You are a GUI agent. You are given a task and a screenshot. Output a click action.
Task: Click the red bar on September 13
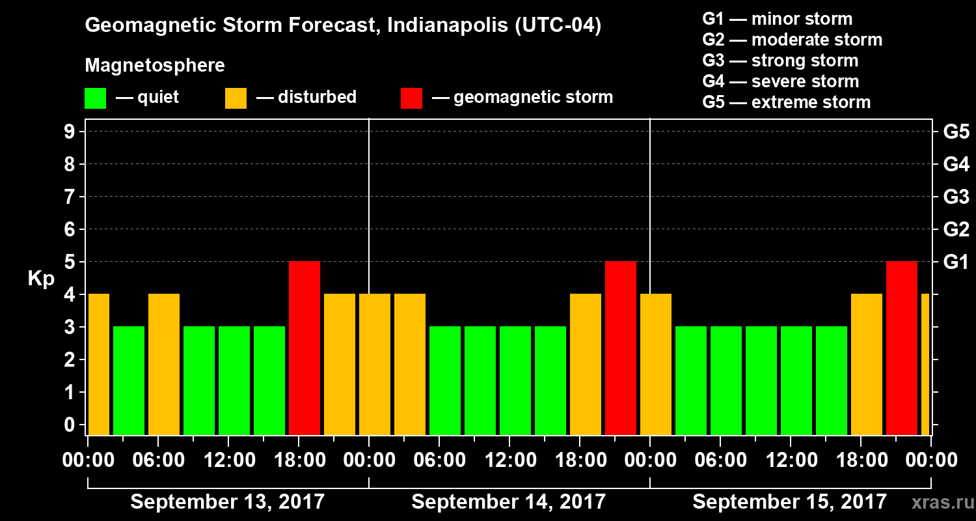point(305,348)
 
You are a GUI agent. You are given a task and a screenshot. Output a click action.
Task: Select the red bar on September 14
point(621,348)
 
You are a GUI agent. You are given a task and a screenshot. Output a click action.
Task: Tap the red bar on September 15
point(902,348)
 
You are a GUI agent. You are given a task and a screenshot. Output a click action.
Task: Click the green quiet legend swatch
point(95,98)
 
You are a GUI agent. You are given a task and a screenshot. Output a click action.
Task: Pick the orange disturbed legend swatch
point(236,98)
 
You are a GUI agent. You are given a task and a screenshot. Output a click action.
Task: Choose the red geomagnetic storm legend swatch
point(411,98)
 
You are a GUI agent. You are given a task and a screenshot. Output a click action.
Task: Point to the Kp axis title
point(40,279)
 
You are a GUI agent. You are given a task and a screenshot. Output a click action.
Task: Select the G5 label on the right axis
point(956,132)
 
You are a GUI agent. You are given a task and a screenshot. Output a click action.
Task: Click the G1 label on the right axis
point(956,262)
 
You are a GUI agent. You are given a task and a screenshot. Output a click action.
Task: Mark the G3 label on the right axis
point(956,197)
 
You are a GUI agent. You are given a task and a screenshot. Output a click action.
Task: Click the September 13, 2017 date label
point(228,501)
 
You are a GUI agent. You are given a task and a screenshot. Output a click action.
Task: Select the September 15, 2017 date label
point(789,501)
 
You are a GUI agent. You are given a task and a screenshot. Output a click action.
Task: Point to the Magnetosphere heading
point(155,66)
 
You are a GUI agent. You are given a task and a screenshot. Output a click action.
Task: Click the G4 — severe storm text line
point(780,81)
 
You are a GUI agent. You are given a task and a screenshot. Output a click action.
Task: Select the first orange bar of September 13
point(99,365)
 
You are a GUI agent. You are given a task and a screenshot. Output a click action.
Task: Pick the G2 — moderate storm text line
point(792,40)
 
